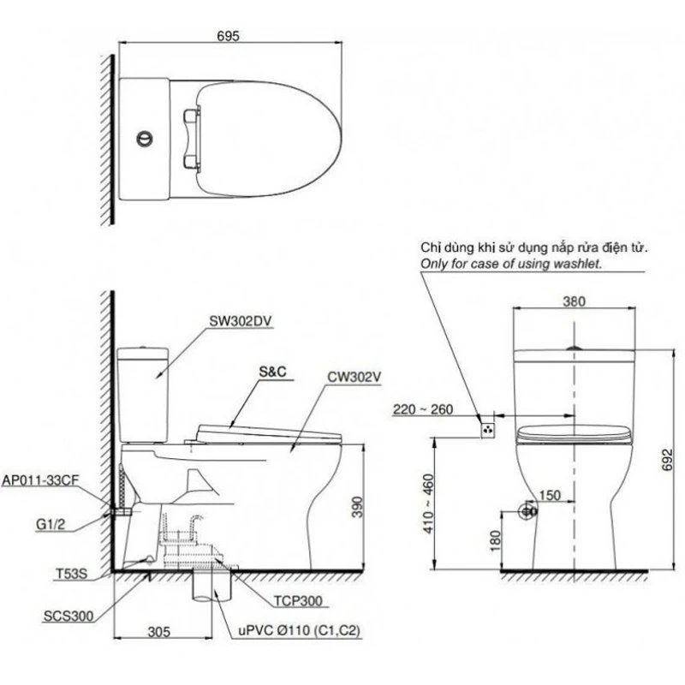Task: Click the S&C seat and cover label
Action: (271, 373)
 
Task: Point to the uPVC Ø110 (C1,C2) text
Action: (298, 632)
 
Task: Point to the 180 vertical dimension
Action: (496, 539)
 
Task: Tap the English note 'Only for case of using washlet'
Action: (510, 265)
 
